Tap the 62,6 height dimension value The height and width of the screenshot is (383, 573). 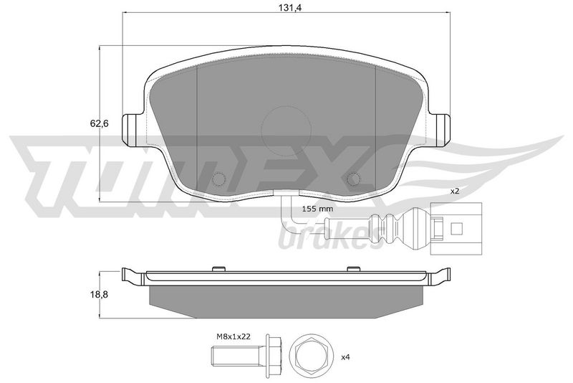pyautogui.click(x=99, y=123)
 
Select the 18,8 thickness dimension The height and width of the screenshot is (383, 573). pyautogui.click(x=99, y=294)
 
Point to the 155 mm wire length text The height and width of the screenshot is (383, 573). pyautogui.click(x=317, y=209)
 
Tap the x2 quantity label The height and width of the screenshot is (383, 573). pyautogui.click(x=454, y=191)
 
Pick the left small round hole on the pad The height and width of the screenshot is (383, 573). pyautogui.click(x=219, y=179)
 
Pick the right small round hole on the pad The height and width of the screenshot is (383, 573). pyautogui.click(x=354, y=179)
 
